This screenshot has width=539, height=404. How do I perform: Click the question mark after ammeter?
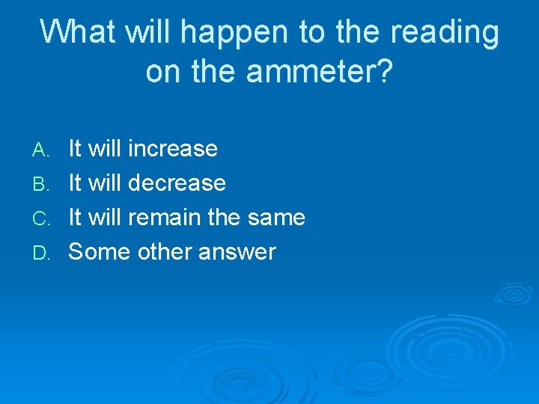coord(383,71)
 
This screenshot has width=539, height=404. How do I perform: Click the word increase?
coord(173,149)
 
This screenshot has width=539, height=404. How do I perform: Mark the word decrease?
coord(177,183)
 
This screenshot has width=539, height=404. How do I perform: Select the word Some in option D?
coord(100,252)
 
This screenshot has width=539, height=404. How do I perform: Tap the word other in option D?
coord(165,252)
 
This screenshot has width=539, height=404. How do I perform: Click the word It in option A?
coord(75,149)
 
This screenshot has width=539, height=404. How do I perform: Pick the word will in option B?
coord(106,183)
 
